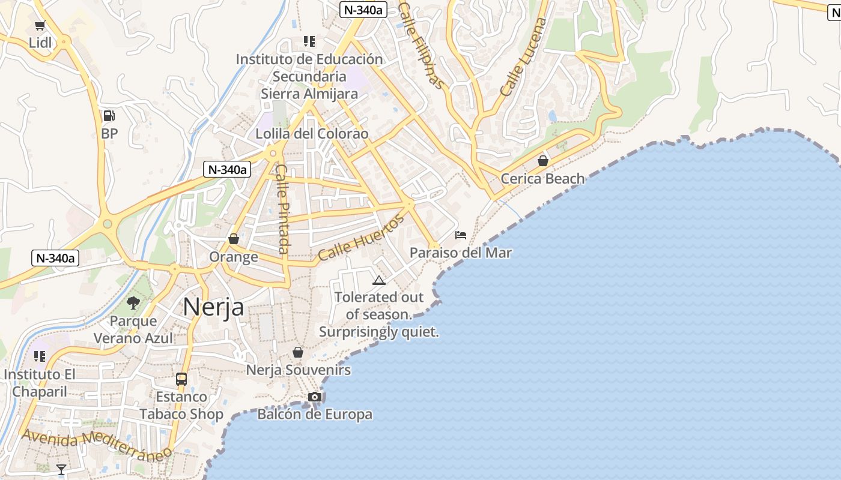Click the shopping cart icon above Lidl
tap(40, 25)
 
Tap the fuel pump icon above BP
tap(109, 116)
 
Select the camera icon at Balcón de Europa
tap(314, 397)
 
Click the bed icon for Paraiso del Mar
tap(461, 235)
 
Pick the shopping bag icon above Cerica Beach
tap(543, 161)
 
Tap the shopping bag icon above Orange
tap(234, 239)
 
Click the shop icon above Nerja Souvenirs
tap(298, 352)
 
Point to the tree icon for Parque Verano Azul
tap(133, 303)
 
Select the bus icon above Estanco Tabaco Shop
tap(181, 379)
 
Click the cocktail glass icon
tap(61, 469)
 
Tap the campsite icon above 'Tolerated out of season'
tap(378, 280)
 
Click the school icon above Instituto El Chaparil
tap(40, 356)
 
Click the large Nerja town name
tap(214, 307)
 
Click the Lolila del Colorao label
tap(312, 134)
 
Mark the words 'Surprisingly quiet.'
tap(379, 332)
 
